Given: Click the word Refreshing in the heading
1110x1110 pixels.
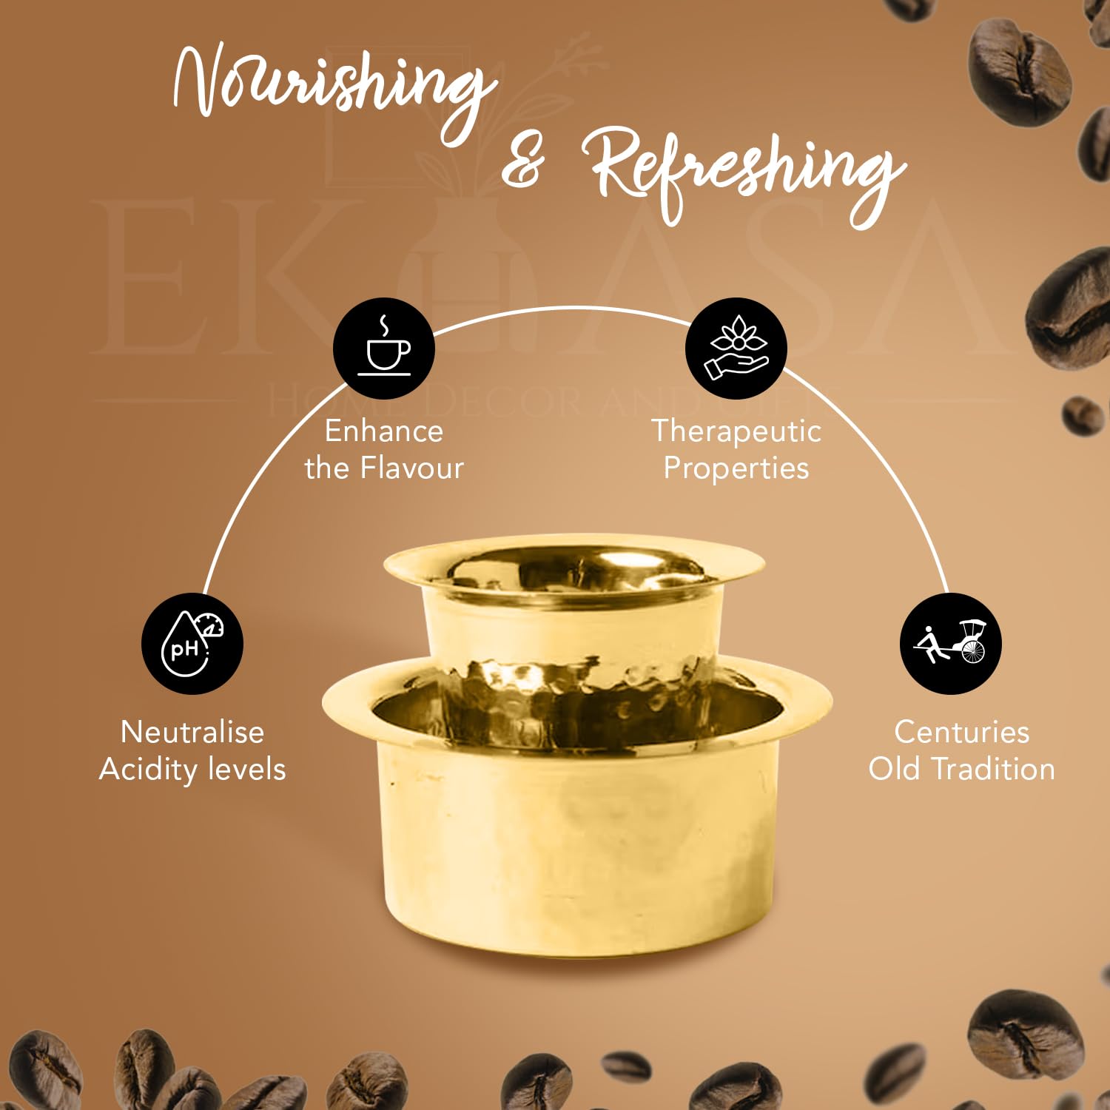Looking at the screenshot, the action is (x=747, y=174).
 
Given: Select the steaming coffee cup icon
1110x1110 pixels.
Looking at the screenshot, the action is (x=383, y=349).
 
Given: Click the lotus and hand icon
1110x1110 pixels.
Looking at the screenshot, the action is (x=736, y=349).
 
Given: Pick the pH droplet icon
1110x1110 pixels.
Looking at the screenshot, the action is (x=192, y=644).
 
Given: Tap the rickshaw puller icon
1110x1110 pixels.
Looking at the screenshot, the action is (x=951, y=644).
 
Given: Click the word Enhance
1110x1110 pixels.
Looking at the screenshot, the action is (x=384, y=431).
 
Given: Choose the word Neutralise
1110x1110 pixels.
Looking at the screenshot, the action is (x=192, y=732).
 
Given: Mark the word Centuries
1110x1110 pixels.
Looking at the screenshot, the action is (x=962, y=732).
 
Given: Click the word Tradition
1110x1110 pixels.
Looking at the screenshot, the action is (x=993, y=769).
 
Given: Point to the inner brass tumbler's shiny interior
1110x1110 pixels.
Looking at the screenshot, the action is (x=573, y=570).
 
